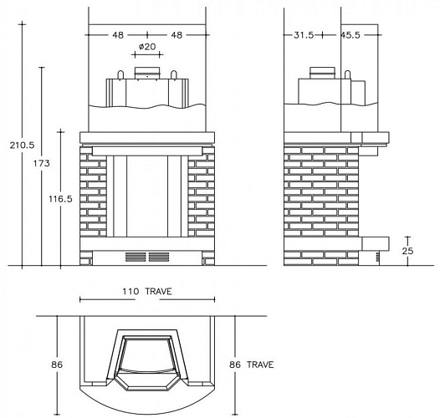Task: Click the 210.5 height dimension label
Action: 22,145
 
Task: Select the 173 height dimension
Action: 42,163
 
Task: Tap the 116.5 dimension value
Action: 60,199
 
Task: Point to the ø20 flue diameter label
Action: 147,47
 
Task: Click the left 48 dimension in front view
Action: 118,35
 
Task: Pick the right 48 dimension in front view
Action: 177,35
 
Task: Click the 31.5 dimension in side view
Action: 304,35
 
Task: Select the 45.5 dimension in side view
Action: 350,35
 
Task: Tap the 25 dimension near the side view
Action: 407,251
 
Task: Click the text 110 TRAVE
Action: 147,292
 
